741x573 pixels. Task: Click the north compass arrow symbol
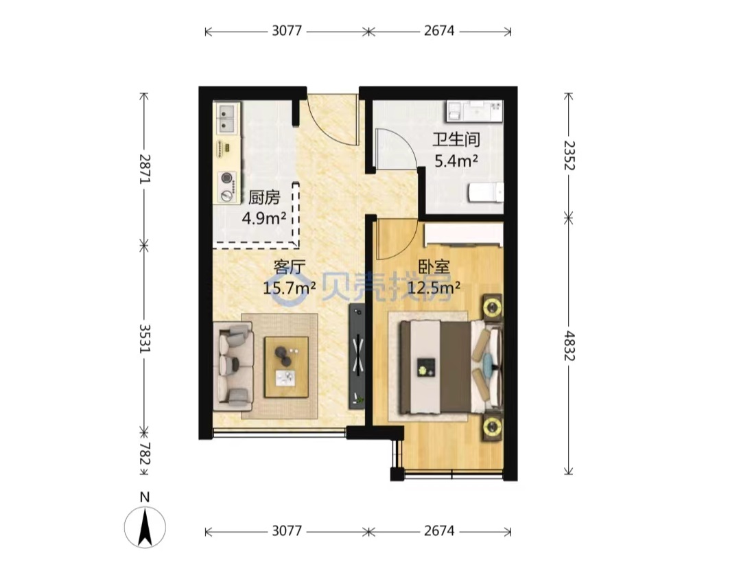click(145, 526)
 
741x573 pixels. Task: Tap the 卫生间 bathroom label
click(456, 139)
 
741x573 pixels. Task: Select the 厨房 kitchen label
click(264, 198)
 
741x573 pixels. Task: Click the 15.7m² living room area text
click(290, 287)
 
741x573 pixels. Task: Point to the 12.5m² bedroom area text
click(434, 287)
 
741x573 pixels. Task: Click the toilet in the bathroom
click(485, 192)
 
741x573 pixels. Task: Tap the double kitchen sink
click(227, 118)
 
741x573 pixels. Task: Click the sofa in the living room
click(233, 366)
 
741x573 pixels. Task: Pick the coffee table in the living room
click(286, 367)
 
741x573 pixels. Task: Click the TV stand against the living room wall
click(357, 356)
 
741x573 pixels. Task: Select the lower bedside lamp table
click(493, 427)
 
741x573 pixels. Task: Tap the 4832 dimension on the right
click(569, 346)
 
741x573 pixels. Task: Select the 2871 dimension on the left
click(145, 169)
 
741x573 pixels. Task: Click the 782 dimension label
click(145, 454)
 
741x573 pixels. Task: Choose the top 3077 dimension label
click(287, 31)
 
